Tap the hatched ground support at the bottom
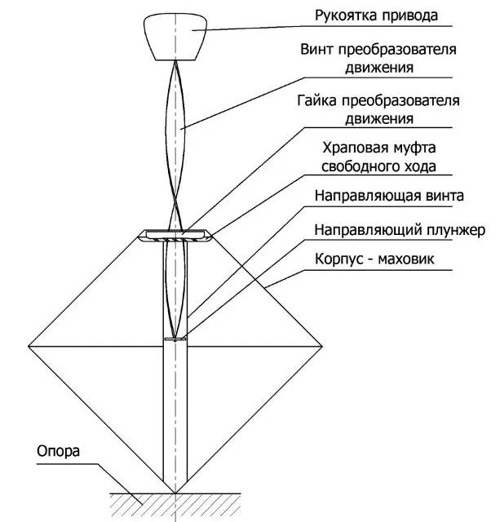pos(175,504)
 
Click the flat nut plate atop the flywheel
pos(176,236)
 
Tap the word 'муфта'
pos(410,150)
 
